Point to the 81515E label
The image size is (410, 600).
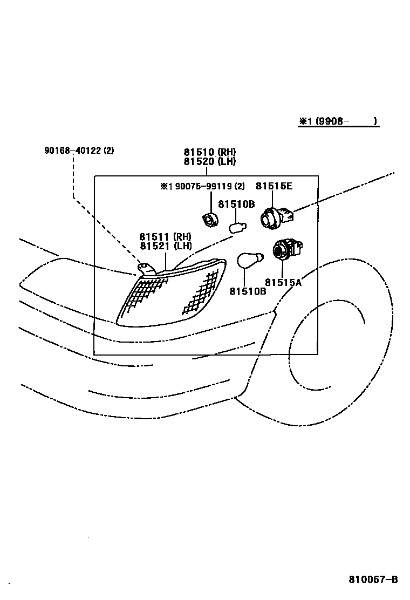click(274, 186)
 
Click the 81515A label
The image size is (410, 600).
click(283, 282)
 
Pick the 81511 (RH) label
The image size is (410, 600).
click(165, 237)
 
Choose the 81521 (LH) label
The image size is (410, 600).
click(165, 246)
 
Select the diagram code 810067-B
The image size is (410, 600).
click(373, 579)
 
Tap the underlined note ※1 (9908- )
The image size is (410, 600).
click(338, 121)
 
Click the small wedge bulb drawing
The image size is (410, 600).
click(237, 227)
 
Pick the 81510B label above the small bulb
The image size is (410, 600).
click(236, 204)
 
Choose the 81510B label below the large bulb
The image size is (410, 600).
click(248, 291)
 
